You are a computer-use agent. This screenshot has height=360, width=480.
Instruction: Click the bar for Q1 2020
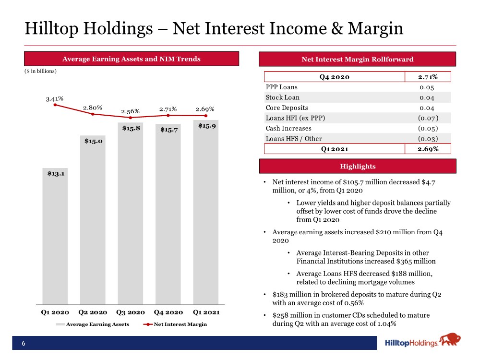coord(55,236)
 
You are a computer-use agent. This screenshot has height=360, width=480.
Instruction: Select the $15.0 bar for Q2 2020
coord(93,220)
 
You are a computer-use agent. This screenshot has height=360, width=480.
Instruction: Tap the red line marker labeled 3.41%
coord(55,105)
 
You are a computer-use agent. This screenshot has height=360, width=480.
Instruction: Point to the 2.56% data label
coord(131,111)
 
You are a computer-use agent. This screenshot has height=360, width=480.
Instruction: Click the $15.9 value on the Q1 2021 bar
coord(207,126)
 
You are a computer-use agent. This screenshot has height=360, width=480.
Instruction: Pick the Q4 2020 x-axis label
coord(168,312)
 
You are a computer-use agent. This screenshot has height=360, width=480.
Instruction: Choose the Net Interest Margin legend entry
coord(175,324)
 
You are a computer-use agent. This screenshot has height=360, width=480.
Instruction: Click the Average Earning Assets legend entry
coord(93,324)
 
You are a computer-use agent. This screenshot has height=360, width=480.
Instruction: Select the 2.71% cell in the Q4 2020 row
coord(428,77)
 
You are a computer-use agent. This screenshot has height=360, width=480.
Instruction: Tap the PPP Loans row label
coord(282,87)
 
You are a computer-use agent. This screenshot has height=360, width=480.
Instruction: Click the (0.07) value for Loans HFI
coord(428,118)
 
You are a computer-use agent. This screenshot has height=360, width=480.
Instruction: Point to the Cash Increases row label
coord(288,129)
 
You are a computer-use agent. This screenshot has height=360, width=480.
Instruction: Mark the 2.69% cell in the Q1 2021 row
coord(428,149)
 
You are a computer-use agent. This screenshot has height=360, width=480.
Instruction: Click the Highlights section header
coord(358,166)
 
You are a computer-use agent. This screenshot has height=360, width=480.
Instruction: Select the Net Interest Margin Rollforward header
coord(357,59)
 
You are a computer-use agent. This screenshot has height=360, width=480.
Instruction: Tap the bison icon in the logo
coord(450,340)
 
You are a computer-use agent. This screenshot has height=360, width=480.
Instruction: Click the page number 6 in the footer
coord(24,344)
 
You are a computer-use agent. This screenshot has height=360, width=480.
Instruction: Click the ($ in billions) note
coord(40,71)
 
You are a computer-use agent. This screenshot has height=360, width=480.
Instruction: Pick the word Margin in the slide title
coord(375,29)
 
